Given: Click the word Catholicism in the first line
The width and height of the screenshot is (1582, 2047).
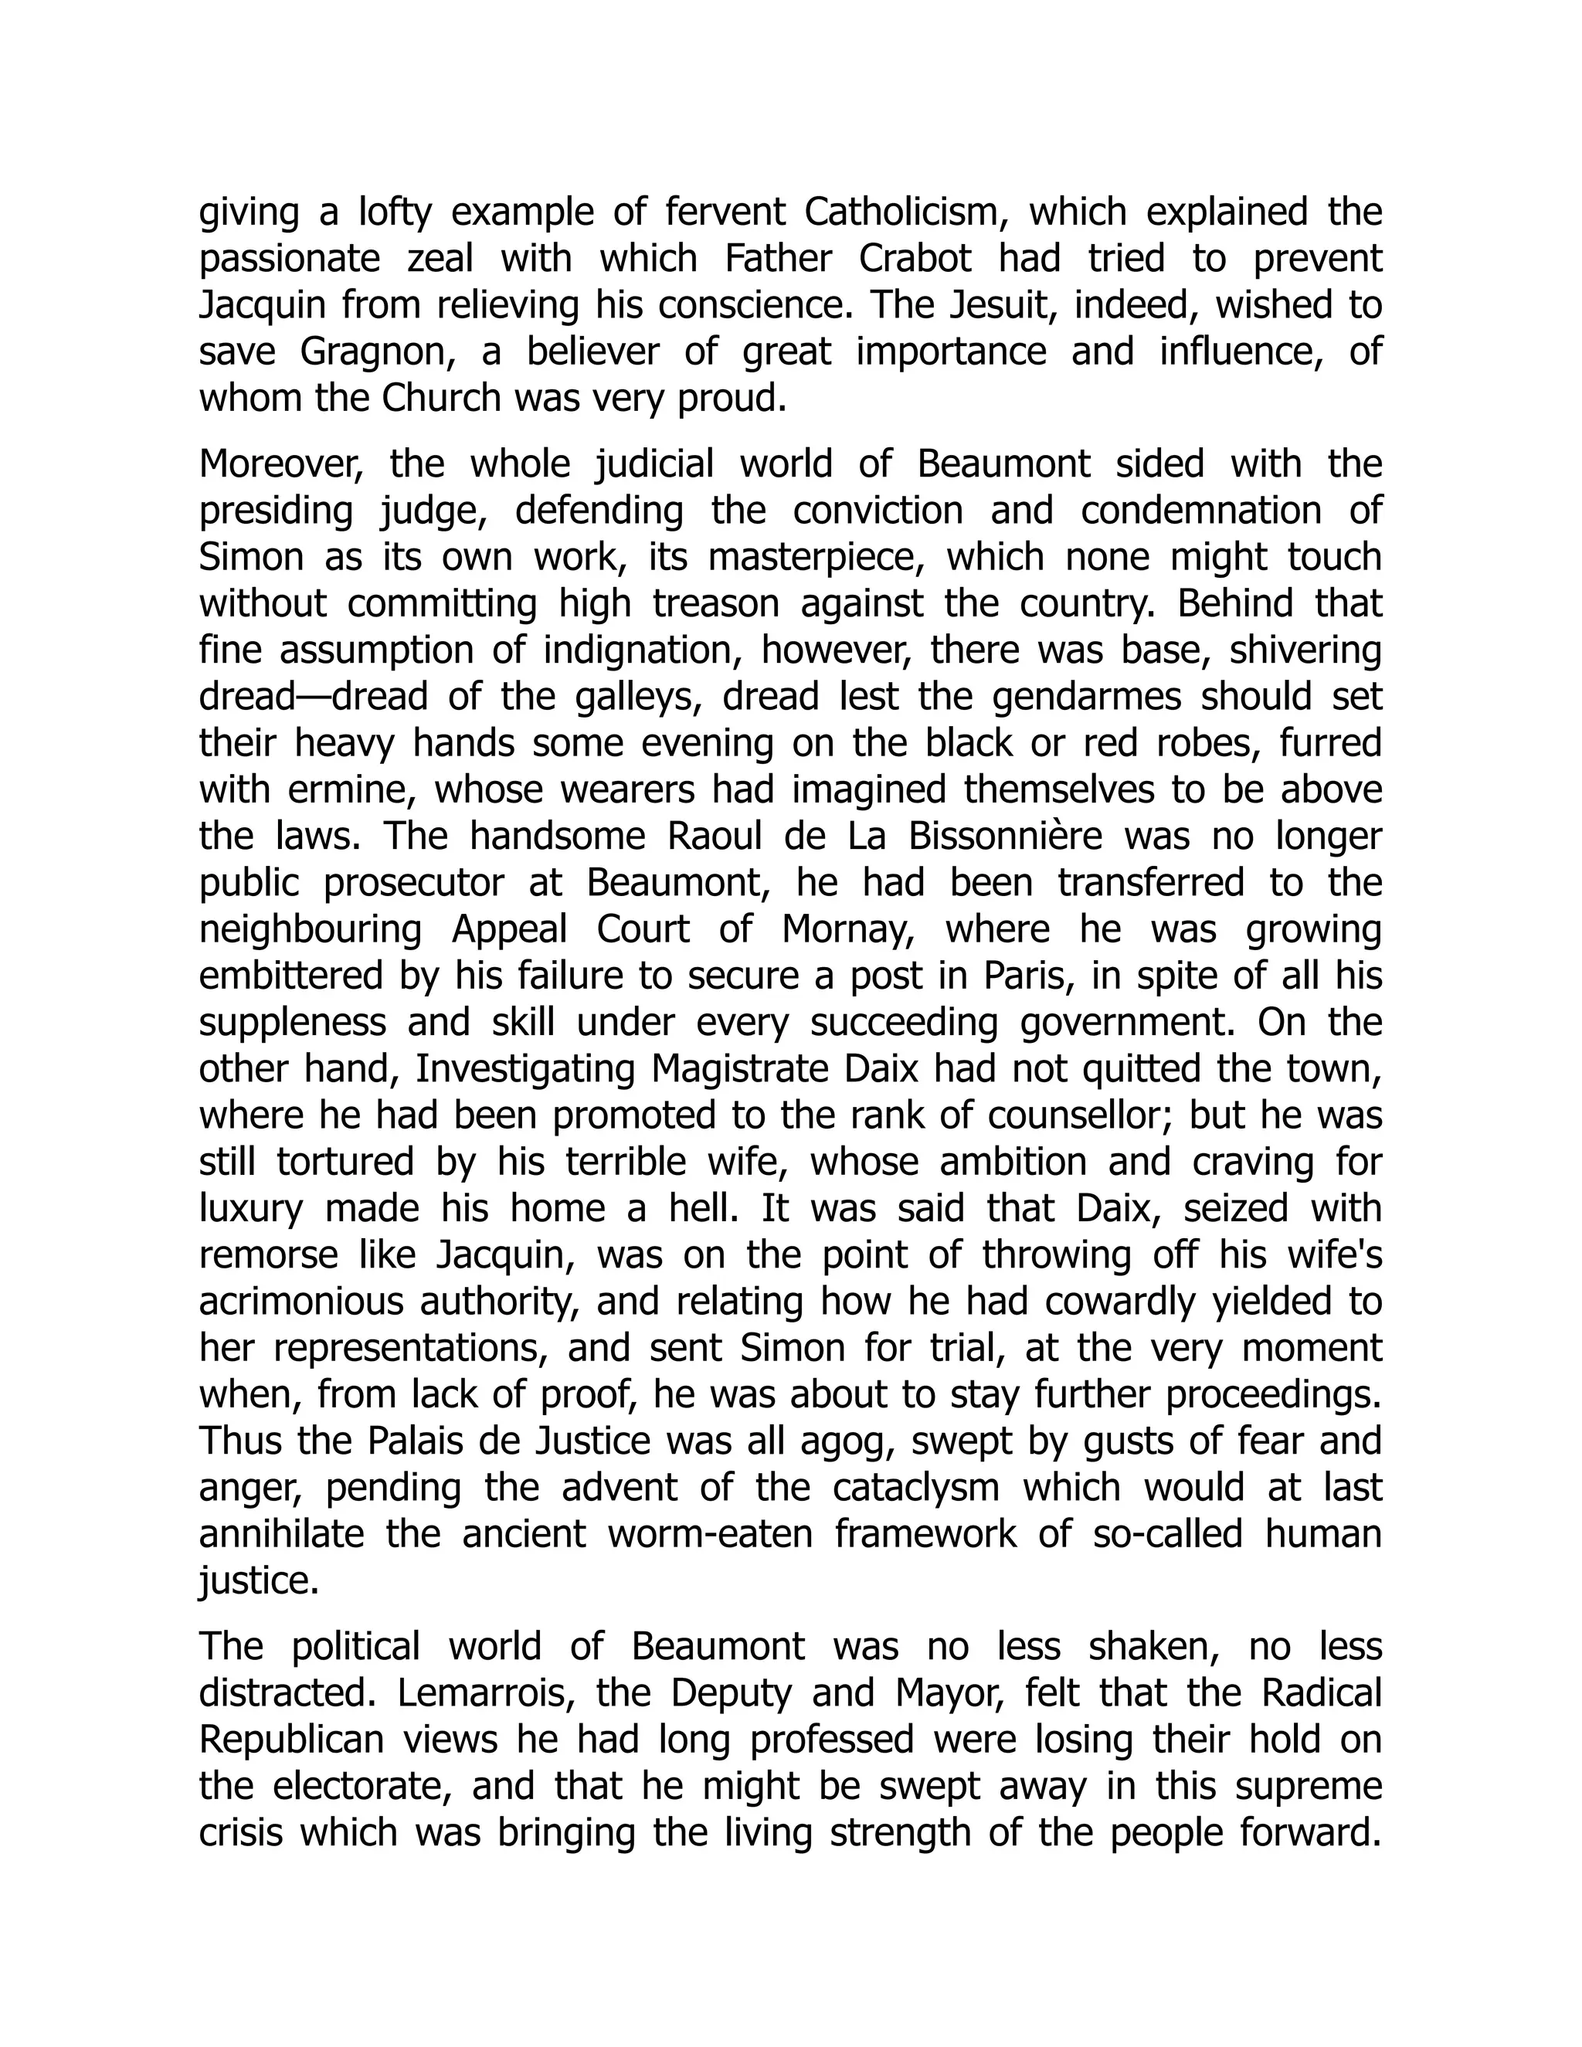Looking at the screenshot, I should [905, 212].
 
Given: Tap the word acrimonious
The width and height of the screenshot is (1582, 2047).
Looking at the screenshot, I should [298, 1302].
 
